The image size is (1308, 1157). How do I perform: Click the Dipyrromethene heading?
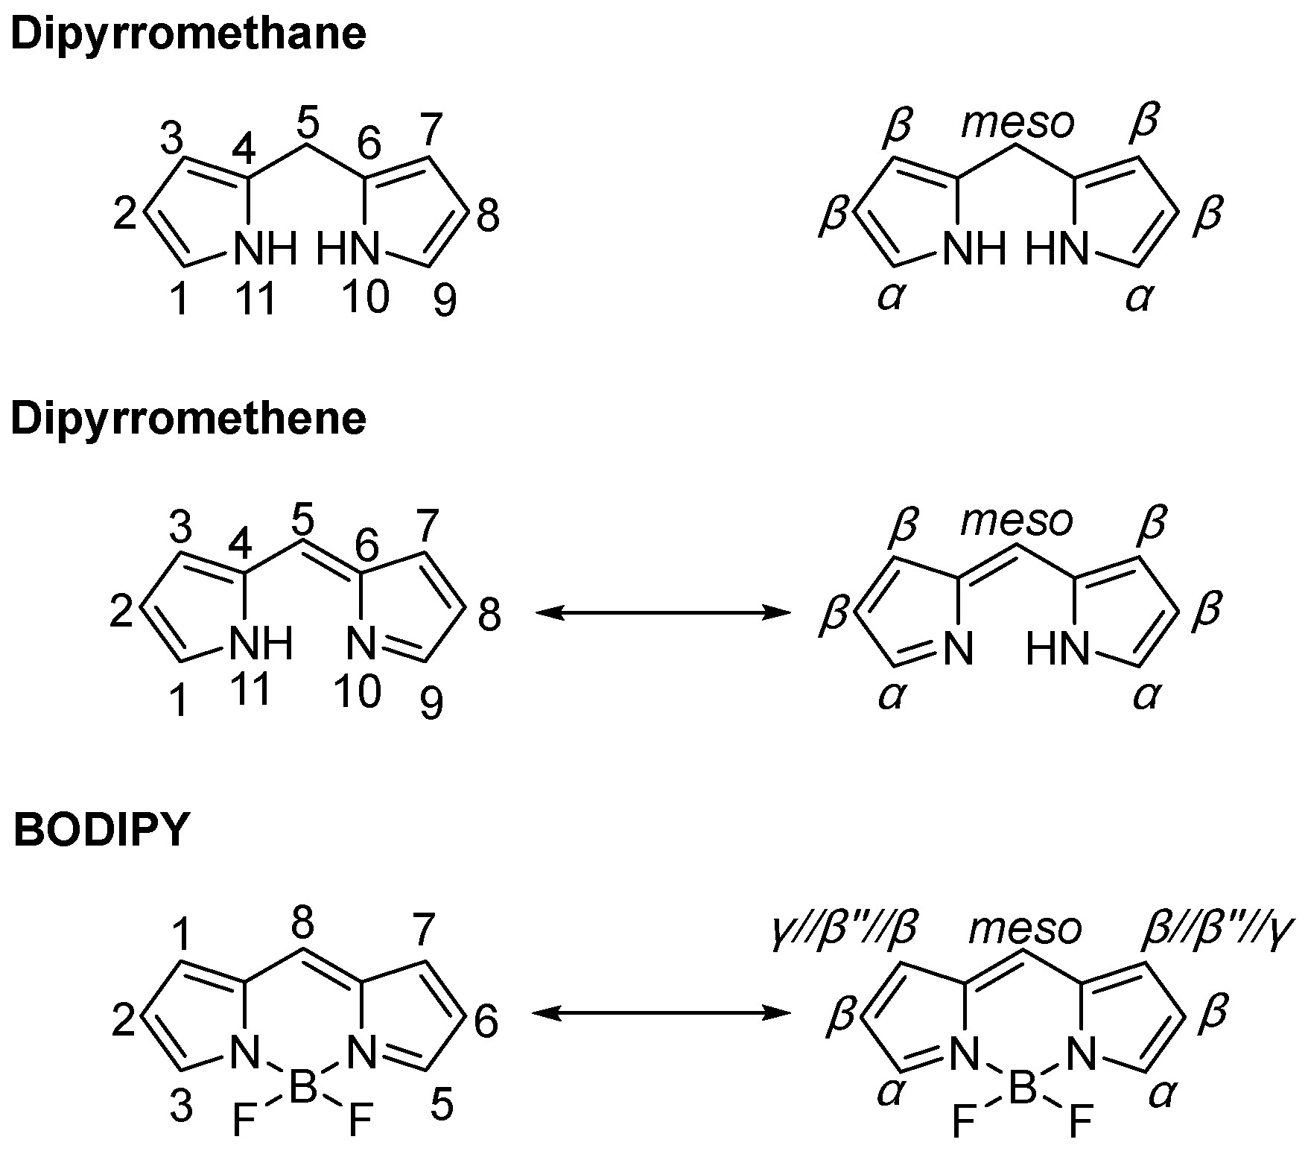[x=188, y=419]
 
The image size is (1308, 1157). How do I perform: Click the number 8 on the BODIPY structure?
[x=302, y=925]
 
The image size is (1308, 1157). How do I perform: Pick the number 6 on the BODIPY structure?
[x=486, y=1022]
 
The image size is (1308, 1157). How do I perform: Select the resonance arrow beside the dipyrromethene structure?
[x=662, y=613]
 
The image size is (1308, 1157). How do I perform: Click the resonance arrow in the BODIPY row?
[x=662, y=1012]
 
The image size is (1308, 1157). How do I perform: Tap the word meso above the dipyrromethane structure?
[x=1017, y=123]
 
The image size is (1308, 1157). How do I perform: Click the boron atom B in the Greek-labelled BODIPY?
[x=1023, y=1090]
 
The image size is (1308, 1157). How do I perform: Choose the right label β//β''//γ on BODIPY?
[x=1219, y=930]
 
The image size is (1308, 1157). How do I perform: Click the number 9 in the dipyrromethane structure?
[x=445, y=302]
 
